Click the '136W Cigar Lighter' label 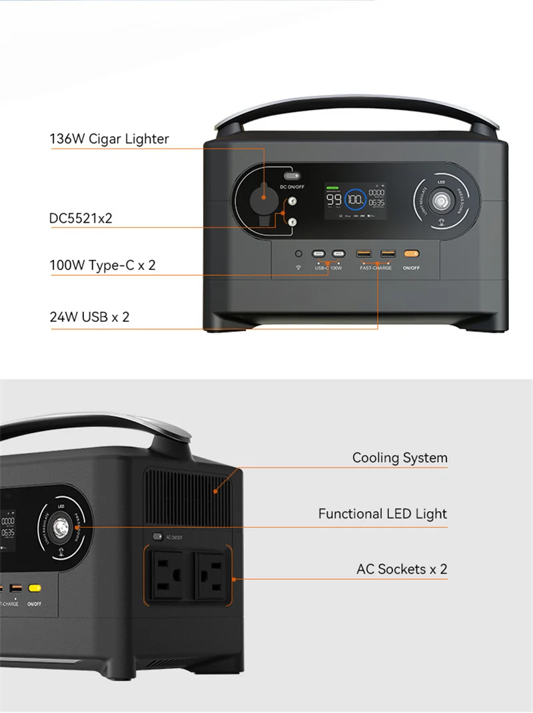[x=109, y=139]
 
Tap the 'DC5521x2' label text [x=81, y=218]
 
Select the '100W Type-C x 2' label [x=103, y=265]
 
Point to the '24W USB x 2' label [x=89, y=317]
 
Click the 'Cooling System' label [x=400, y=458]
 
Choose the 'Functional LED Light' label [x=382, y=514]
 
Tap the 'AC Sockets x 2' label [x=402, y=569]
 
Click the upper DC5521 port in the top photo [x=291, y=201]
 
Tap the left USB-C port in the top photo [x=320, y=254]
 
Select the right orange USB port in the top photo [x=386, y=254]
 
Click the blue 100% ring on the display [x=354, y=199]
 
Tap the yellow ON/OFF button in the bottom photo [x=33, y=589]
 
